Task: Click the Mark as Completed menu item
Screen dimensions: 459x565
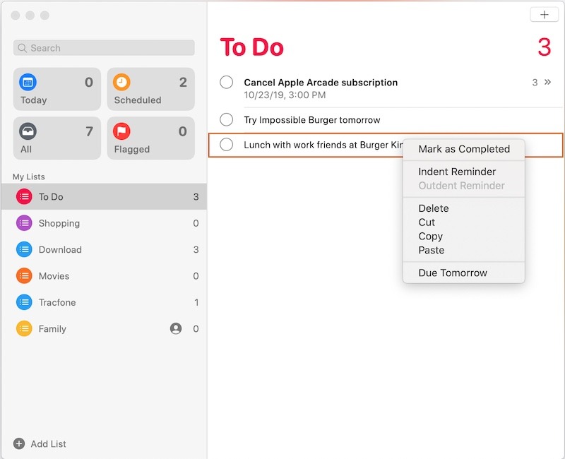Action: coord(463,149)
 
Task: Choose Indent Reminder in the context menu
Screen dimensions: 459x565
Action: coord(457,172)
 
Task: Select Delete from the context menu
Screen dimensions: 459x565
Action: coord(433,208)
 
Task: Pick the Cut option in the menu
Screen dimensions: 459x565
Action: coord(427,222)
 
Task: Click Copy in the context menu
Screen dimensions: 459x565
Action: coord(430,237)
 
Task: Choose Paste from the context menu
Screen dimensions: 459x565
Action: coord(431,250)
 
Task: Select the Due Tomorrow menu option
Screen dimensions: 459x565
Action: coord(452,273)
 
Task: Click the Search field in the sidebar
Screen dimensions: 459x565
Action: coord(104,48)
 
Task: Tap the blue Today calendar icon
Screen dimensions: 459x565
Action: coord(28,83)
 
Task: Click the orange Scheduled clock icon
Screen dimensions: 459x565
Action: coord(122,83)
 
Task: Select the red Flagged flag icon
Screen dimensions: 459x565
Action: coord(122,131)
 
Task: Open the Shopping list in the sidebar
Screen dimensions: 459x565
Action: coord(59,223)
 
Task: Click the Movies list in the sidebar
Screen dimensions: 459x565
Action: coord(54,276)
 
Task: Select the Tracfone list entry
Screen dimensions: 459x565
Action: coord(56,302)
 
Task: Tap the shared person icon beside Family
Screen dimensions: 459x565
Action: coord(176,328)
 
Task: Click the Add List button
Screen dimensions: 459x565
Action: coord(40,443)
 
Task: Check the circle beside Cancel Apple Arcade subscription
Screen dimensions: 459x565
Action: coord(227,83)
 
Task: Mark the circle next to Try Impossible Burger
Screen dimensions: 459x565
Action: coord(227,119)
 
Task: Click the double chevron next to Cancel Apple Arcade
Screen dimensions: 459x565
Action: coord(547,83)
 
